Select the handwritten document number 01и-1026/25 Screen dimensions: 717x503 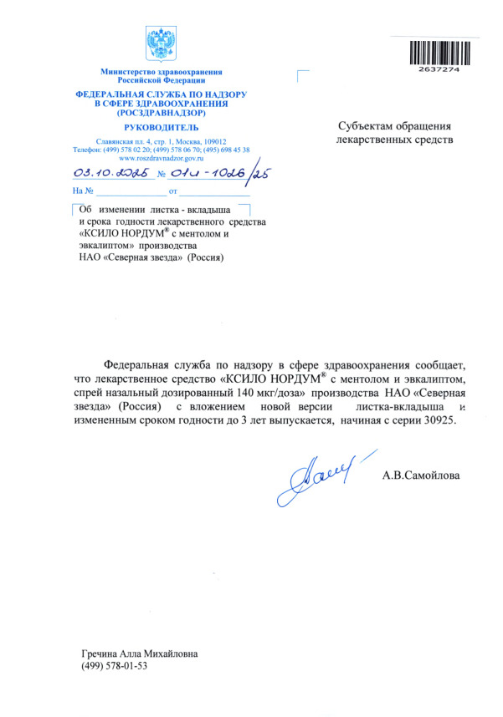(x=219, y=174)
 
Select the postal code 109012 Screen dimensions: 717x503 (x=224, y=142)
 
